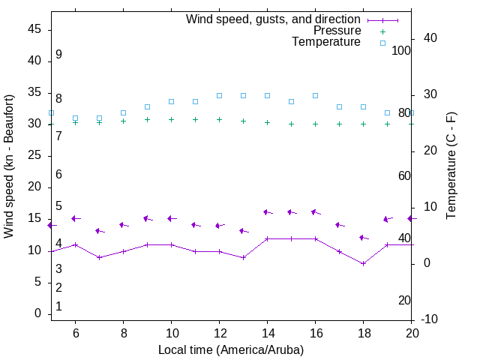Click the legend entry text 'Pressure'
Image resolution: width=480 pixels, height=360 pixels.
click(337, 31)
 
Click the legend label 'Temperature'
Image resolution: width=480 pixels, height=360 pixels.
click(326, 42)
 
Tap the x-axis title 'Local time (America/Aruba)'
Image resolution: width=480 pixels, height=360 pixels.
click(231, 349)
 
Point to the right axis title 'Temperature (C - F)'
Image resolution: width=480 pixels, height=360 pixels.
click(451, 166)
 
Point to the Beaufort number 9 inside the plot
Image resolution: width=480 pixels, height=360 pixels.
click(58, 55)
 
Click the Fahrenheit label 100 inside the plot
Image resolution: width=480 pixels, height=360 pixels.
click(401, 50)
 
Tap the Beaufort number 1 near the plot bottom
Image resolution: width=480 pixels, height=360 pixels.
click(58, 307)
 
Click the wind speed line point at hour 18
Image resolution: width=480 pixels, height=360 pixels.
click(363, 263)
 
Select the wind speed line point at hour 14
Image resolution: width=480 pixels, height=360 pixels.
click(267, 238)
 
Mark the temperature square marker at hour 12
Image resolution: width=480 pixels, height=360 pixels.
click(219, 95)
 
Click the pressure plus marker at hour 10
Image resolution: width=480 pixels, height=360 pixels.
click(171, 119)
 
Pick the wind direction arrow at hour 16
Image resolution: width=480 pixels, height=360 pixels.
click(316, 212)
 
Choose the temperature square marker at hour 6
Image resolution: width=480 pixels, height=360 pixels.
click(75, 118)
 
